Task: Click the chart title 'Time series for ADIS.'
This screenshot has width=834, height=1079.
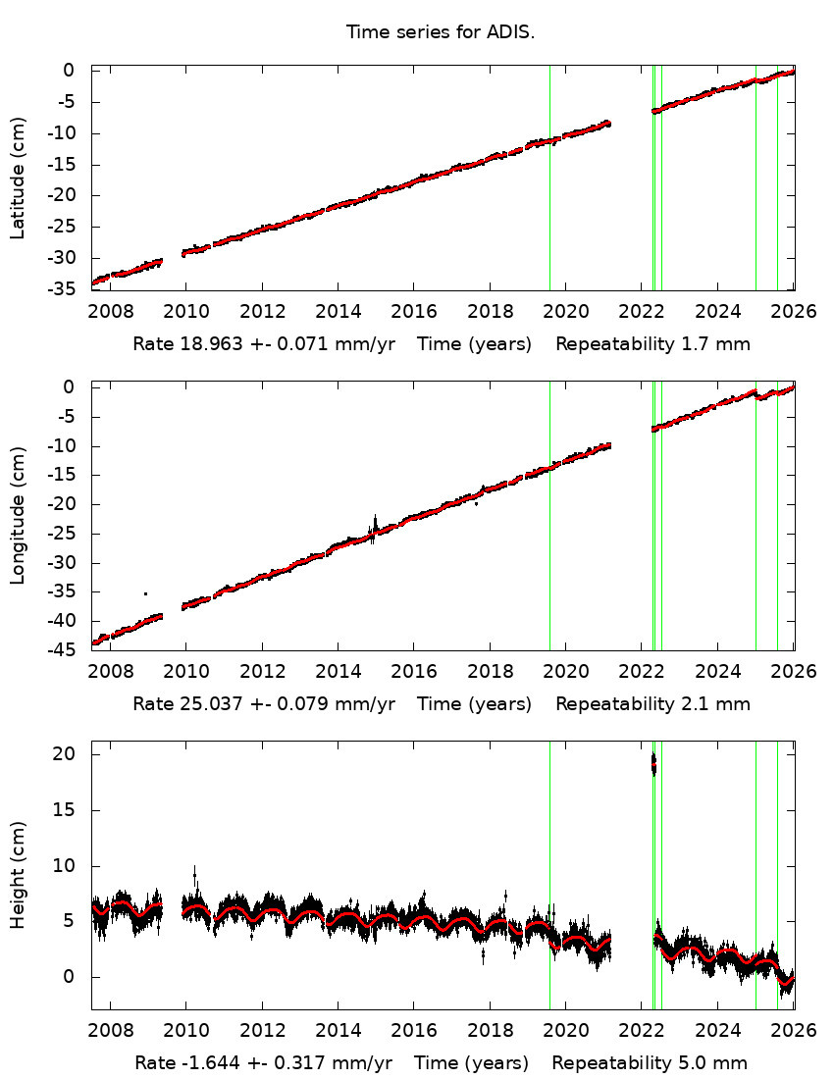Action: [440, 32]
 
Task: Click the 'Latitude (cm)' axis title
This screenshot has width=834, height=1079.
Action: [18, 179]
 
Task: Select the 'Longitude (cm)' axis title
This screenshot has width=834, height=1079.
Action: [18, 516]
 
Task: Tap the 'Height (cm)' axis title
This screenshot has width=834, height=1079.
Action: [18, 875]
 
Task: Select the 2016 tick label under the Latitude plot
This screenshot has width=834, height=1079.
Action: [414, 313]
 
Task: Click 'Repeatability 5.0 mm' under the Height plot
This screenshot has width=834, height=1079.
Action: [650, 1063]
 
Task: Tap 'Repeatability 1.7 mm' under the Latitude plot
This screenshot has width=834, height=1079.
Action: [653, 345]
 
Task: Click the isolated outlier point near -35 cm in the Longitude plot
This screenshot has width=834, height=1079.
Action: [146, 593]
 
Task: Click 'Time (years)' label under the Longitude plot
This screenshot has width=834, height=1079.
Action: [475, 704]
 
